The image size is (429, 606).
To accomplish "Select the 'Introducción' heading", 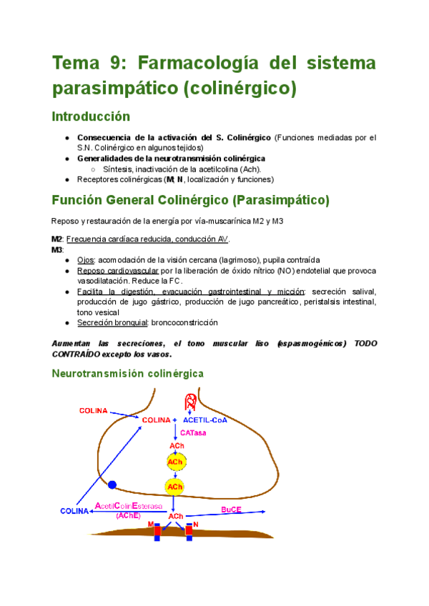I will pos(91,116).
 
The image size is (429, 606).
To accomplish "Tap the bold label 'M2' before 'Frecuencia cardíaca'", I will pos(57,239).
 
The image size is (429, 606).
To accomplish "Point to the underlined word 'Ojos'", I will pos(87,259).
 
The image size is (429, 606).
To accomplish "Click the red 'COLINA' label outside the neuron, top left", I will pos(93,411).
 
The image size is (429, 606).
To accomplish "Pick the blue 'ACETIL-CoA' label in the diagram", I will pos(205,420).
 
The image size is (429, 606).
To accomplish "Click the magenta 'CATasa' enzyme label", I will pos(193,433).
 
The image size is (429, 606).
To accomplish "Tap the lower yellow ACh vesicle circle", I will pos(174,487).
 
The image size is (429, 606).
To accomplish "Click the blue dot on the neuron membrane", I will pos(112,485).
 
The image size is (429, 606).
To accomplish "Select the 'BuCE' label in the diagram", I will pos(231,510).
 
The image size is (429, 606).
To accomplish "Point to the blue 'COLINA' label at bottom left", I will pos(75,511).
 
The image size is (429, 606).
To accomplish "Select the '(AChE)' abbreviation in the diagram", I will pos(128,515).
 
